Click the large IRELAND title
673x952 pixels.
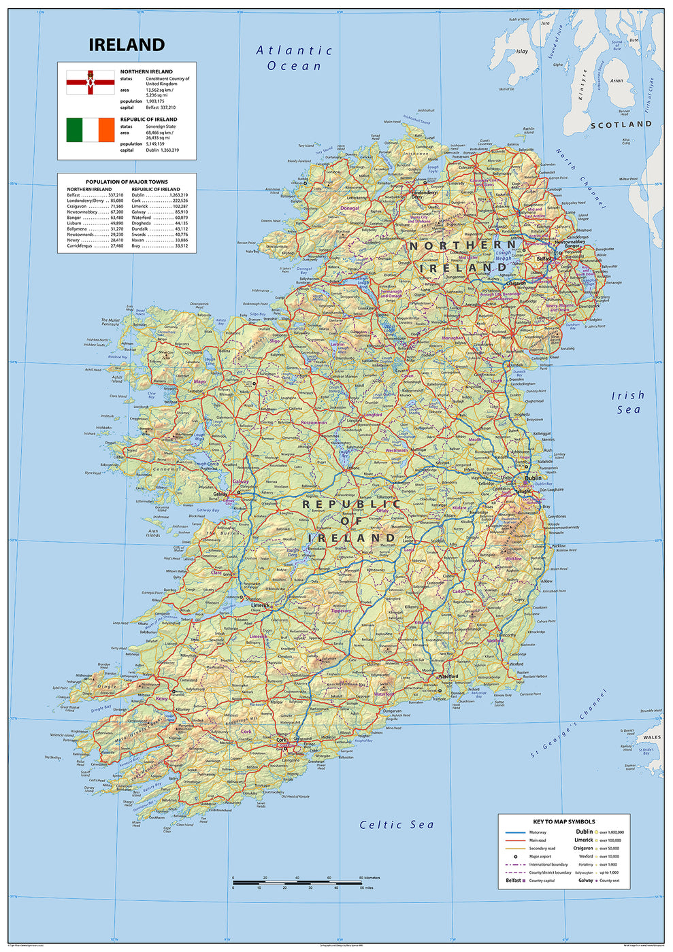(127, 45)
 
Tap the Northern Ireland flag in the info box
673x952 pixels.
(90, 82)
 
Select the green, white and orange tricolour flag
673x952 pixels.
(90, 130)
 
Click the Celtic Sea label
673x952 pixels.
(396, 825)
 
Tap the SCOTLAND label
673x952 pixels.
(621, 124)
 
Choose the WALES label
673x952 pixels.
(651, 737)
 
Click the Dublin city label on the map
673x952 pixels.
(533, 478)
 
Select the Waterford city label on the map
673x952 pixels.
(448, 677)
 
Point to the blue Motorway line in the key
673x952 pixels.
(516, 832)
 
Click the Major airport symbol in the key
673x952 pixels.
(516, 857)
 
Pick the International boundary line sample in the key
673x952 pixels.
(516, 865)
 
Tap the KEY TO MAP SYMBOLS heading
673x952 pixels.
(563, 821)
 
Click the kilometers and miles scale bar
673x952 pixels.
(296, 883)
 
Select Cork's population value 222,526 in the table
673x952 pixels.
(180, 201)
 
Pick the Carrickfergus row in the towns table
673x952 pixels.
(95, 245)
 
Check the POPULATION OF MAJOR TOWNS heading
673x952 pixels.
(127, 182)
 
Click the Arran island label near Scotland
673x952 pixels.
(617, 81)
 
